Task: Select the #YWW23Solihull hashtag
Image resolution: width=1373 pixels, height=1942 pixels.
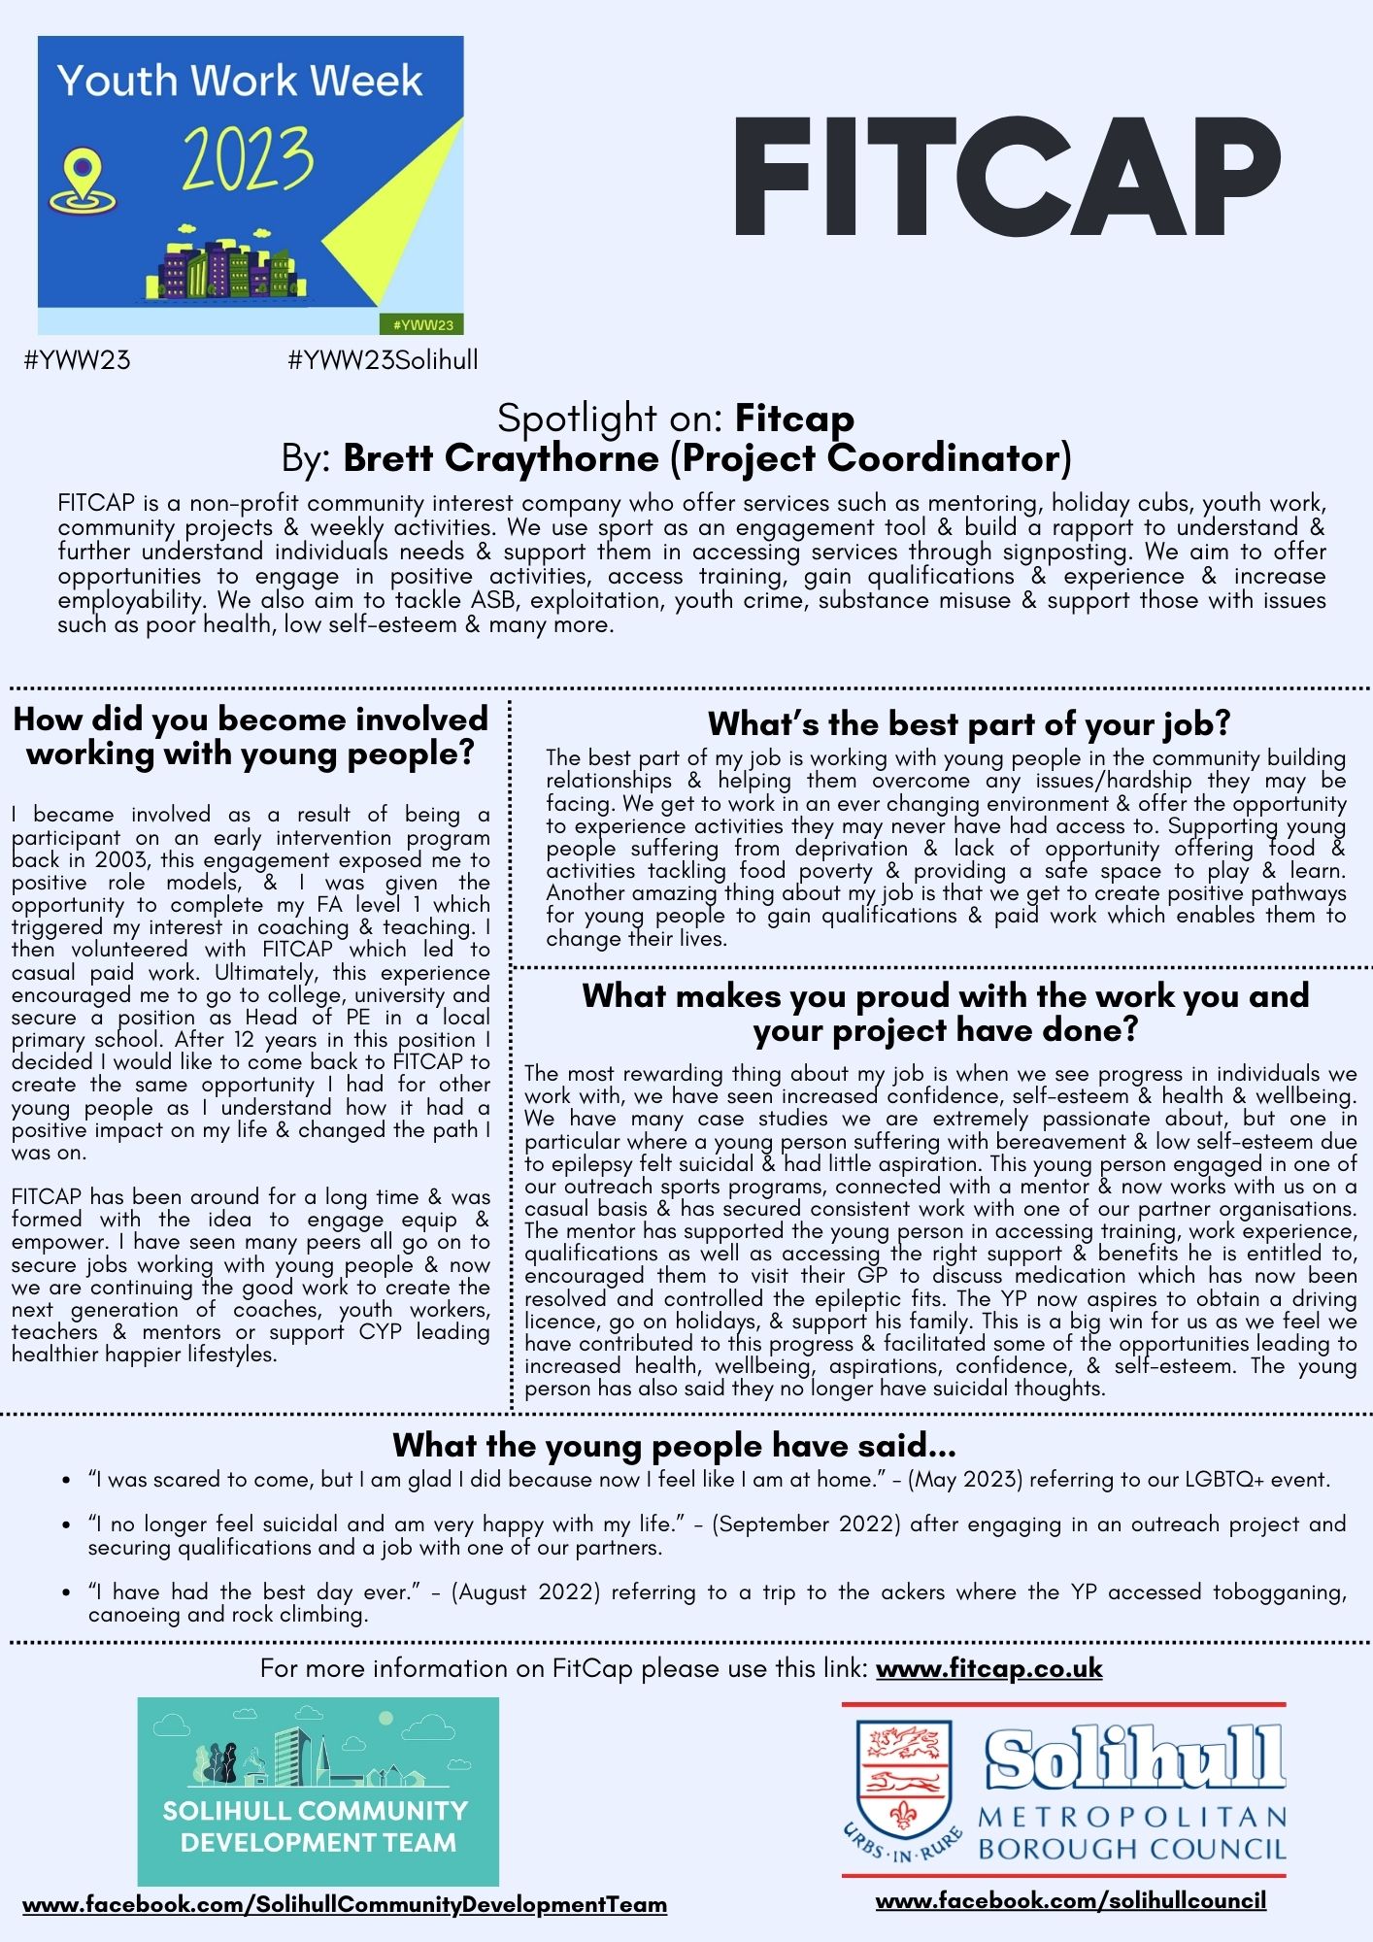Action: pos(383,360)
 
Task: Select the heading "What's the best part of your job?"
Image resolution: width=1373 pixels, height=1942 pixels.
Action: pos(968,723)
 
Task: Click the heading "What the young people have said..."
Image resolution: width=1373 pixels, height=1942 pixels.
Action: pos(674,1445)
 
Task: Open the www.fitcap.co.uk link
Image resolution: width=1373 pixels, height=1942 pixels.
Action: pos(988,1668)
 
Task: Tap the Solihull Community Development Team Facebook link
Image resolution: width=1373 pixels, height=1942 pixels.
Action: pos(345,1904)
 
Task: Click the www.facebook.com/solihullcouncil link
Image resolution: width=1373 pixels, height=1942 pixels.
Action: pos(1070,1900)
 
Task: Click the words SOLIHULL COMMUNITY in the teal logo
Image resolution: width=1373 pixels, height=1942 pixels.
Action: pos(316,1811)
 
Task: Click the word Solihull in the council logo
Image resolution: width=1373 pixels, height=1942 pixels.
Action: pos(1133,1757)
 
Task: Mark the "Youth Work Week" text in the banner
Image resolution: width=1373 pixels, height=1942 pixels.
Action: pos(240,81)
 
